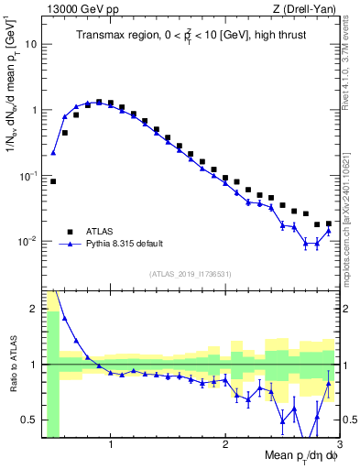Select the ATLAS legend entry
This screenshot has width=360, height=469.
(101, 232)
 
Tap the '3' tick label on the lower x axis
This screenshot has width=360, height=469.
(338, 446)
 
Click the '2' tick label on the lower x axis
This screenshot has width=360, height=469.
(225, 446)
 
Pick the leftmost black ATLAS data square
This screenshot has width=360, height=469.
(53, 181)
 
